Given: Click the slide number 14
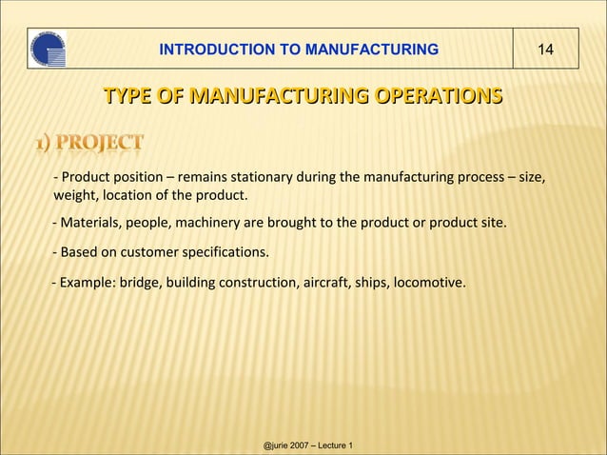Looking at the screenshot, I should tap(546, 49).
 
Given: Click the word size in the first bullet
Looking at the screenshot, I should tap(530, 177).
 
